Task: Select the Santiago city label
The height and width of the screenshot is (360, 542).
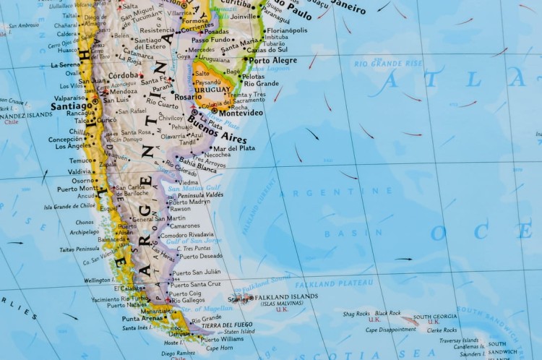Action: [x=71, y=106]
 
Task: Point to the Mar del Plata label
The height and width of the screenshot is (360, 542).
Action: [x=232, y=147]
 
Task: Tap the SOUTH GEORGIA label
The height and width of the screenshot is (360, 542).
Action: [x=435, y=317]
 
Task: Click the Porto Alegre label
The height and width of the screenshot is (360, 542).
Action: [x=273, y=61]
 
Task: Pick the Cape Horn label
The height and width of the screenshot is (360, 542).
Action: [x=220, y=348]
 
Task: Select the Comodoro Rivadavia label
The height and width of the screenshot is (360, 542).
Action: [x=187, y=235]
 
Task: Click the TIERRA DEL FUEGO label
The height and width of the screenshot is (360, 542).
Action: [x=228, y=325]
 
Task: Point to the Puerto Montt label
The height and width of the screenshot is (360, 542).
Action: [x=77, y=189]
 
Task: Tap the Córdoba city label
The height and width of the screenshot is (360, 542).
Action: [x=123, y=75]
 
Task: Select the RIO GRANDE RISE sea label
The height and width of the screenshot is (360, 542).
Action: [x=387, y=64]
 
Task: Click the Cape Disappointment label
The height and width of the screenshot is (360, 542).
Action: [x=391, y=330]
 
